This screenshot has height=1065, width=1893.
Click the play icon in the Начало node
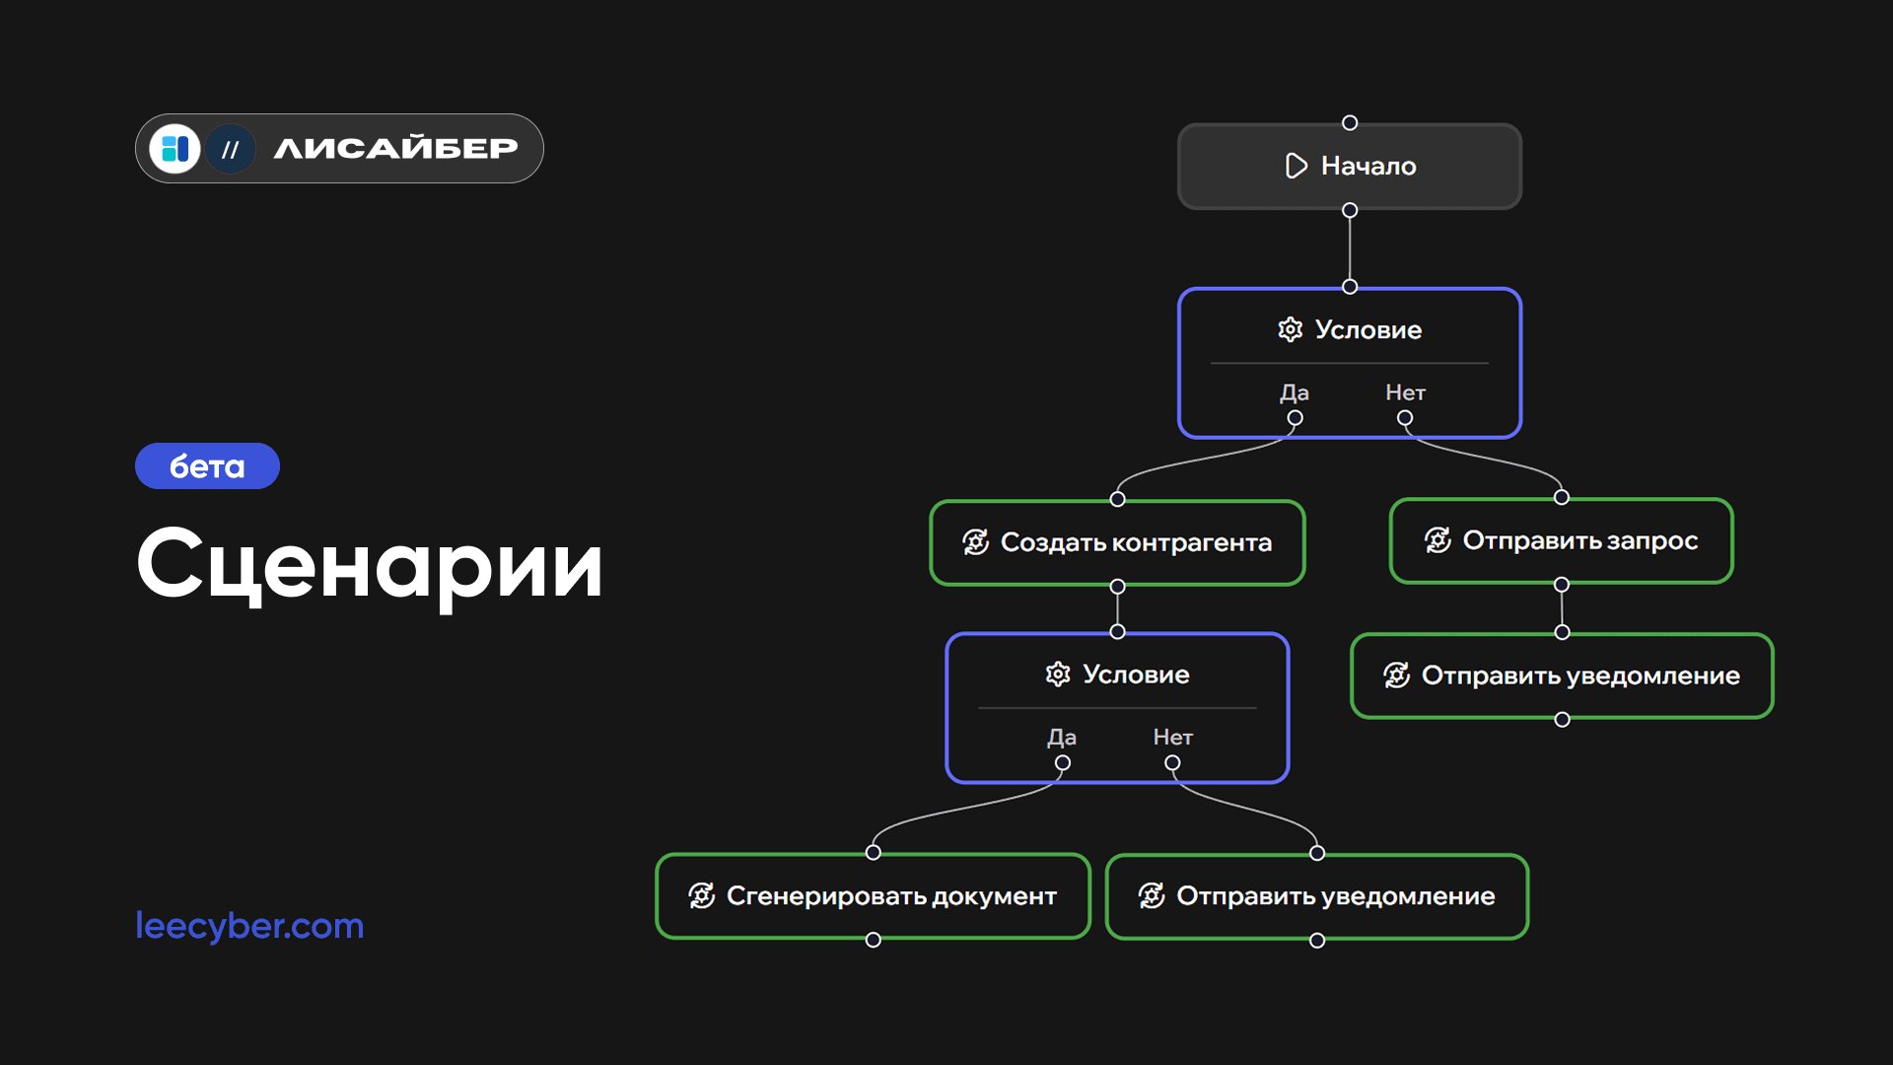click(x=1296, y=166)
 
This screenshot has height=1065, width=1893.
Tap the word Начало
click(x=1368, y=166)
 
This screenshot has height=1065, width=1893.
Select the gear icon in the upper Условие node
click(x=1290, y=329)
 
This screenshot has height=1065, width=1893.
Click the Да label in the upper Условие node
click(x=1295, y=392)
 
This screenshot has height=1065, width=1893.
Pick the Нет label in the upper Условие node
click(x=1405, y=392)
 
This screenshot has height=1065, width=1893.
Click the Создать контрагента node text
click(x=1136, y=542)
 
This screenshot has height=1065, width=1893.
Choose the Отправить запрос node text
click(x=1579, y=540)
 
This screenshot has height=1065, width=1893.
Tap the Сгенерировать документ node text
click(x=891, y=896)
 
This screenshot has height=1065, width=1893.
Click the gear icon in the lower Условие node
click(x=1057, y=674)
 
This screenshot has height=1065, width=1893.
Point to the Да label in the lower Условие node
click(x=1062, y=738)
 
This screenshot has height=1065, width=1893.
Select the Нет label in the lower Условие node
click(x=1172, y=738)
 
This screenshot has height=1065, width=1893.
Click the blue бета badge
click(x=207, y=466)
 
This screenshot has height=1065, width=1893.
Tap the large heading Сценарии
click(x=370, y=564)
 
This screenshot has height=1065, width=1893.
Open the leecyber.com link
click(x=249, y=926)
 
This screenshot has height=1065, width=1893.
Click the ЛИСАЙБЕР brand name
click(x=395, y=149)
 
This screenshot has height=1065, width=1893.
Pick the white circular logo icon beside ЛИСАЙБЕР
click(x=175, y=149)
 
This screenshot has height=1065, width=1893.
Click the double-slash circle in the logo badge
click(x=231, y=150)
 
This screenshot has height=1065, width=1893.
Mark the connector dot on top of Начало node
click(x=1350, y=123)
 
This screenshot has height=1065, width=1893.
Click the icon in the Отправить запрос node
click(x=1437, y=540)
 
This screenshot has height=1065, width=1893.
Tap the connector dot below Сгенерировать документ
click(x=873, y=941)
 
